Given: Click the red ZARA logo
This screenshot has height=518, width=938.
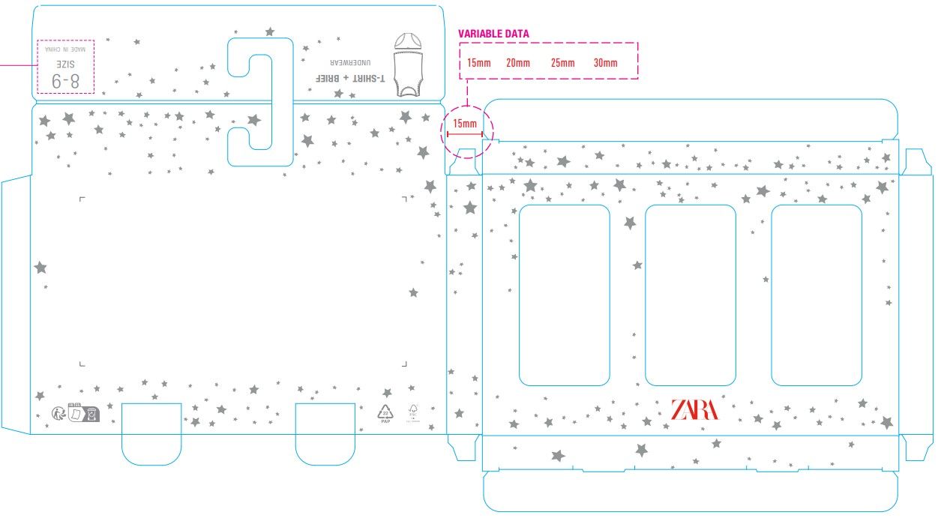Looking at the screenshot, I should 694,409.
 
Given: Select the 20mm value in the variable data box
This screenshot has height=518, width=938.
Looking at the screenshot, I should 517,63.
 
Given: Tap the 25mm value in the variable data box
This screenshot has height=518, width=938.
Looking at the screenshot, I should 562,63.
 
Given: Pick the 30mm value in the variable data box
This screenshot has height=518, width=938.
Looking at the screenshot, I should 605,63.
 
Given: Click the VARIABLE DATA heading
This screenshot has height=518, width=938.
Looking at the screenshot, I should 493,34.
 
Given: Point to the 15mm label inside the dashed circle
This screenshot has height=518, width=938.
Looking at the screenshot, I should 464,124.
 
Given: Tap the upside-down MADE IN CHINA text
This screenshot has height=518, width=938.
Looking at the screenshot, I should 66,49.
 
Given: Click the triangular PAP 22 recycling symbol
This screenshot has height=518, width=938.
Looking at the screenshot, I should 385,413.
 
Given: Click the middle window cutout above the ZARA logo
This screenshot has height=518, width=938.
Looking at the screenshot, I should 690,295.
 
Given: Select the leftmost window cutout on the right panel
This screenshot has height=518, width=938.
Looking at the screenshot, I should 564,295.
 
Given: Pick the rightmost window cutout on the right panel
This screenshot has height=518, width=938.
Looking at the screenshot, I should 816,295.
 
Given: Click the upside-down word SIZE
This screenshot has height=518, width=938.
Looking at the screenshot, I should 66,63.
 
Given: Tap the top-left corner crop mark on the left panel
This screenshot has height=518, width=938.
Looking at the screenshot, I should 82,199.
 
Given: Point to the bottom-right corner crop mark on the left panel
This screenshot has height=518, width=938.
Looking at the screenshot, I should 404,364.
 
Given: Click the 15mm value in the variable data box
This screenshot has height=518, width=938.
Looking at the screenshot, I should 478,63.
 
